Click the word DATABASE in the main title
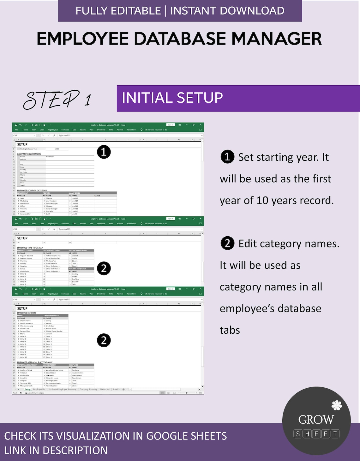[x=181, y=39]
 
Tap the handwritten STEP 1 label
[x=57, y=100]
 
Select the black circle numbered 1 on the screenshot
[x=104, y=152]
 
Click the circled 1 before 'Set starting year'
[x=227, y=157]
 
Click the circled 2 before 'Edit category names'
[x=227, y=243]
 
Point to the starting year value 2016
[x=57, y=149]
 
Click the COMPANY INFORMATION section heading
[x=29, y=154]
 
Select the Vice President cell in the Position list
[x=51, y=201]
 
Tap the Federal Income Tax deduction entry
[x=53, y=256]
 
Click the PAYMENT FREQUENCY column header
[x=77, y=269]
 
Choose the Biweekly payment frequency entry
[x=75, y=282]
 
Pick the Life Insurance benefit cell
[x=25, y=321]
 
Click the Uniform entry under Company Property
[x=49, y=334]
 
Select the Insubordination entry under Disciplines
[x=77, y=373]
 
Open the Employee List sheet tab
[x=39, y=389]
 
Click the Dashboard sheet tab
[x=105, y=389]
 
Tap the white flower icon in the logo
[x=336, y=405]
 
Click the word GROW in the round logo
[x=316, y=420]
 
